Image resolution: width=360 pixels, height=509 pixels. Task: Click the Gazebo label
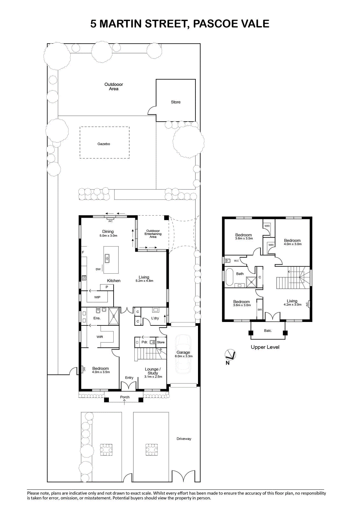coord(104,144)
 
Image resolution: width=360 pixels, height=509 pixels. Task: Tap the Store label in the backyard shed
coord(176,102)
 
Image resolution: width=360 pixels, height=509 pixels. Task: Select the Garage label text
coord(183,352)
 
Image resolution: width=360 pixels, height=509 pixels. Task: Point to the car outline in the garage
coord(183,354)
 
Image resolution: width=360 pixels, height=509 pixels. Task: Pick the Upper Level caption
coord(265,347)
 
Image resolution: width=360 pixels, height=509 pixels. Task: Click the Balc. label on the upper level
coord(268,331)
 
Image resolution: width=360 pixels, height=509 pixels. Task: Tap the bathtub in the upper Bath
coord(229,277)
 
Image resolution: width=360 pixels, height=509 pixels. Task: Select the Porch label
coord(125,397)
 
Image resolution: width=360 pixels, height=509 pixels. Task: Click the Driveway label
coord(184,439)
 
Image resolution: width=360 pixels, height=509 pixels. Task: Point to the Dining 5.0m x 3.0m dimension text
coord(108,236)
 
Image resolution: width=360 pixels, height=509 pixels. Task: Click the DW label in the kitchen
coord(98,269)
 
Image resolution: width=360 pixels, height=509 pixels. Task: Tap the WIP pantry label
coord(97,297)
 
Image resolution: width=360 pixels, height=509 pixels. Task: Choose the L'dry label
coord(155,318)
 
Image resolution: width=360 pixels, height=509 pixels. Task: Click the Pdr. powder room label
coord(145,342)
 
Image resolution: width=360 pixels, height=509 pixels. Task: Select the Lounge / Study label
coord(153,371)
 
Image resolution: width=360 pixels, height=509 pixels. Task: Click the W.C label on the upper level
coord(236,261)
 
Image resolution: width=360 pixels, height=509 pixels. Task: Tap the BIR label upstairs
coord(260,310)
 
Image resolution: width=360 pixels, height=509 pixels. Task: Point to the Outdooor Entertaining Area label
coord(153,234)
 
